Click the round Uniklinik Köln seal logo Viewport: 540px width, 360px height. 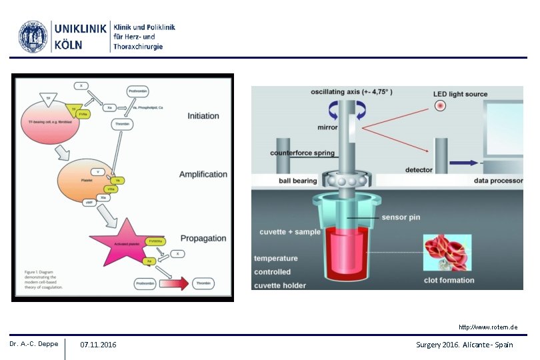tap(33, 37)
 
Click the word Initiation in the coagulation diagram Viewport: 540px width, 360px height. tap(203, 116)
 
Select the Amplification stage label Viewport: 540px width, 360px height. tap(203, 175)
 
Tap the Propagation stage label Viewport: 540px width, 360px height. tap(203, 239)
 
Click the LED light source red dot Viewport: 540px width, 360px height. tap(439, 107)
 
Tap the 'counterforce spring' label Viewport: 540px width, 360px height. tap(302, 153)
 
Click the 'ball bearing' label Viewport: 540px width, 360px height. tap(298, 181)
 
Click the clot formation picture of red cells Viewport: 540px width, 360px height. tap(449, 252)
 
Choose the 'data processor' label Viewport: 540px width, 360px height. tap(497, 181)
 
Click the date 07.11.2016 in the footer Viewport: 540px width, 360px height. tap(98, 345)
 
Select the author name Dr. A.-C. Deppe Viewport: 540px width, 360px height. tap(34, 344)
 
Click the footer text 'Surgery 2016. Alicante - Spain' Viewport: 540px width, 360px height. tap(464, 345)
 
